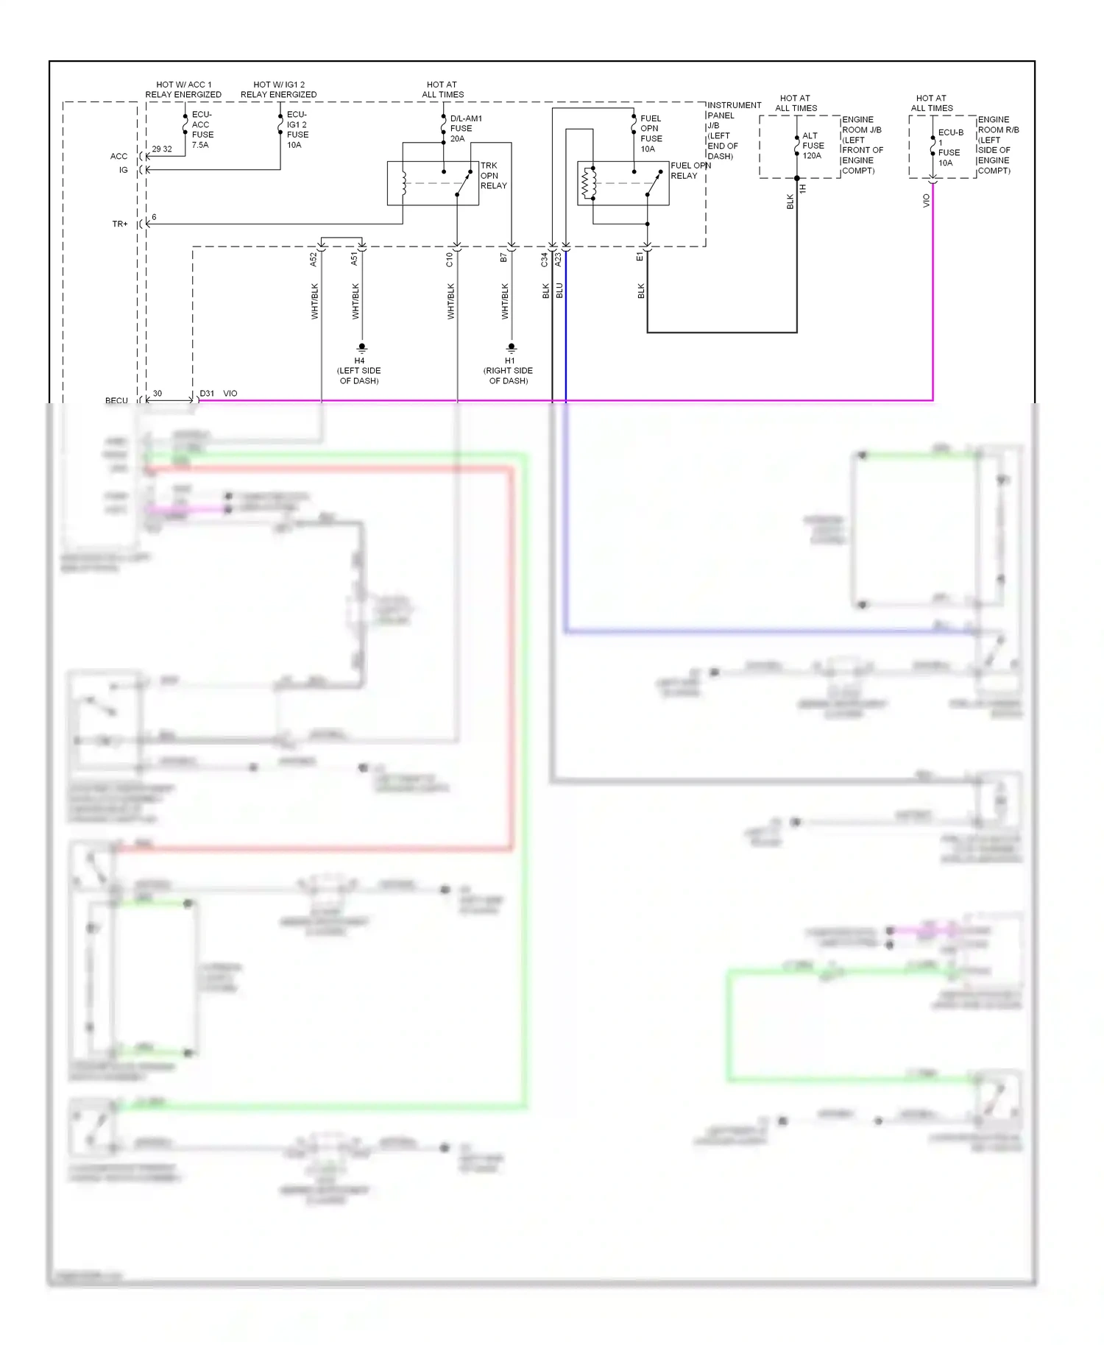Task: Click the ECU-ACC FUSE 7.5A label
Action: click(x=202, y=130)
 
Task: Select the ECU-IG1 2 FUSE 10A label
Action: click(x=297, y=130)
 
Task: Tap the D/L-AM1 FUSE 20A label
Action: click(x=465, y=129)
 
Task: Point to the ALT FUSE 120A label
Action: click(x=812, y=146)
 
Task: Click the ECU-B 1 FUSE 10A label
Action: click(x=949, y=148)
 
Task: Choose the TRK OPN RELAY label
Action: click(x=493, y=176)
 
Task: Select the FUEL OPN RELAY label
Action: click(x=690, y=171)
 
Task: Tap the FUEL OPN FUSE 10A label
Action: click(x=651, y=134)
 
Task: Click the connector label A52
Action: click(x=314, y=259)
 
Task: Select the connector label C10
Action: click(x=450, y=259)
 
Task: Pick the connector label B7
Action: click(x=504, y=258)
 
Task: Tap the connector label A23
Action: click(x=559, y=259)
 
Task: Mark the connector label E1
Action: click(x=640, y=257)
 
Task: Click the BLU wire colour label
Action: click(x=559, y=291)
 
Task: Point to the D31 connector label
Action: click(x=207, y=394)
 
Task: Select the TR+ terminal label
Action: click(x=120, y=224)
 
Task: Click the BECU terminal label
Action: click(x=116, y=401)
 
